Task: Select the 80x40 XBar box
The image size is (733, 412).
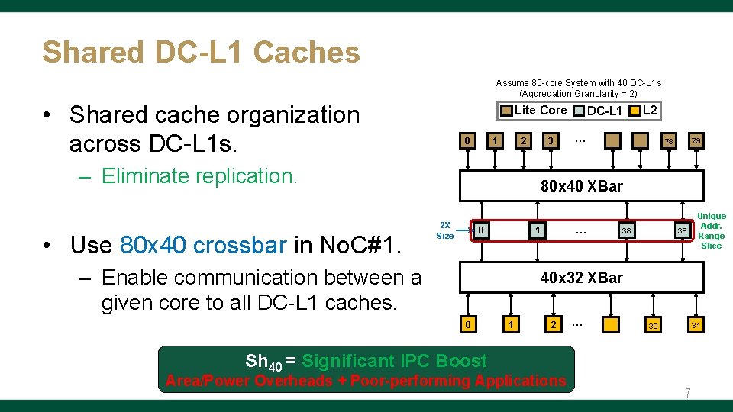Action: [581, 186]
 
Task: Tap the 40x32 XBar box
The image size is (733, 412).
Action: [581, 278]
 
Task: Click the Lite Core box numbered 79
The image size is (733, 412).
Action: [695, 141]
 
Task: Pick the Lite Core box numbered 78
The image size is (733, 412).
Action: [668, 141]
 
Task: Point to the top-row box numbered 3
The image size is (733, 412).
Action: [549, 141]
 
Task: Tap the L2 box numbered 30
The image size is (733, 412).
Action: [652, 326]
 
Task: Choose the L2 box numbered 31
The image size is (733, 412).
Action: [695, 326]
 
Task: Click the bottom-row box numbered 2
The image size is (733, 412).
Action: [552, 326]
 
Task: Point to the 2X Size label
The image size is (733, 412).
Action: [444, 230]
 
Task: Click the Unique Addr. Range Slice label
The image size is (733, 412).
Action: [711, 230]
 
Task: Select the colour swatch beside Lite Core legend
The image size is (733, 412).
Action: [506, 111]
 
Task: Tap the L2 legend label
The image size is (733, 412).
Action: [650, 111]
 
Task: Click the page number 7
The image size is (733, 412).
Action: [687, 394]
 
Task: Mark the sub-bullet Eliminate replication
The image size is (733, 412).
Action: [199, 176]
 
